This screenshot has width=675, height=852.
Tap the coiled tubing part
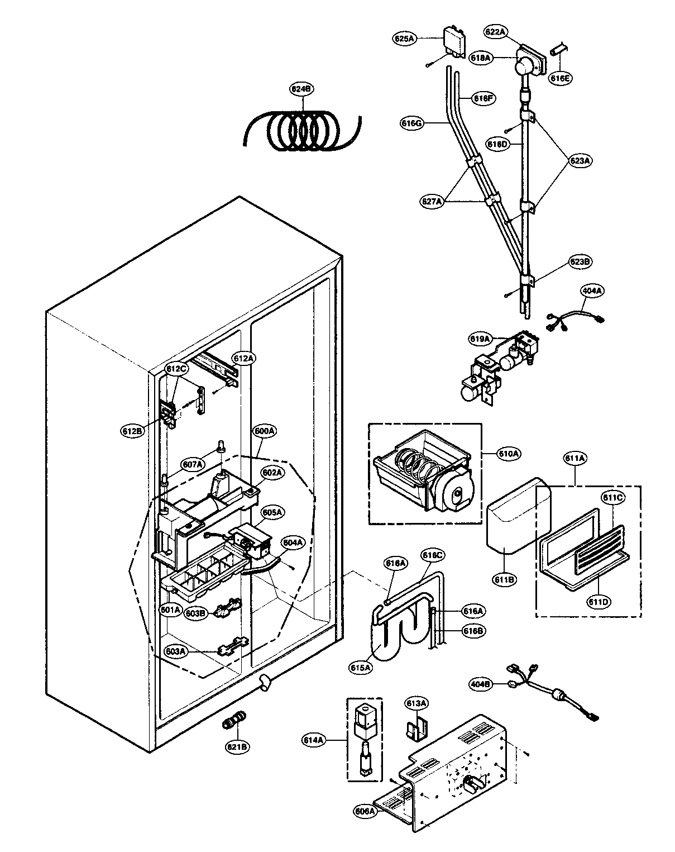(x=301, y=132)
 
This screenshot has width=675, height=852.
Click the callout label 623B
(x=580, y=261)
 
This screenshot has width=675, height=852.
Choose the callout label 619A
(x=480, y=339)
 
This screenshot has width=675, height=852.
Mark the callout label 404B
(x=480, y=683)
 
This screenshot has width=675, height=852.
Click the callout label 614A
(x=314, y=740)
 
